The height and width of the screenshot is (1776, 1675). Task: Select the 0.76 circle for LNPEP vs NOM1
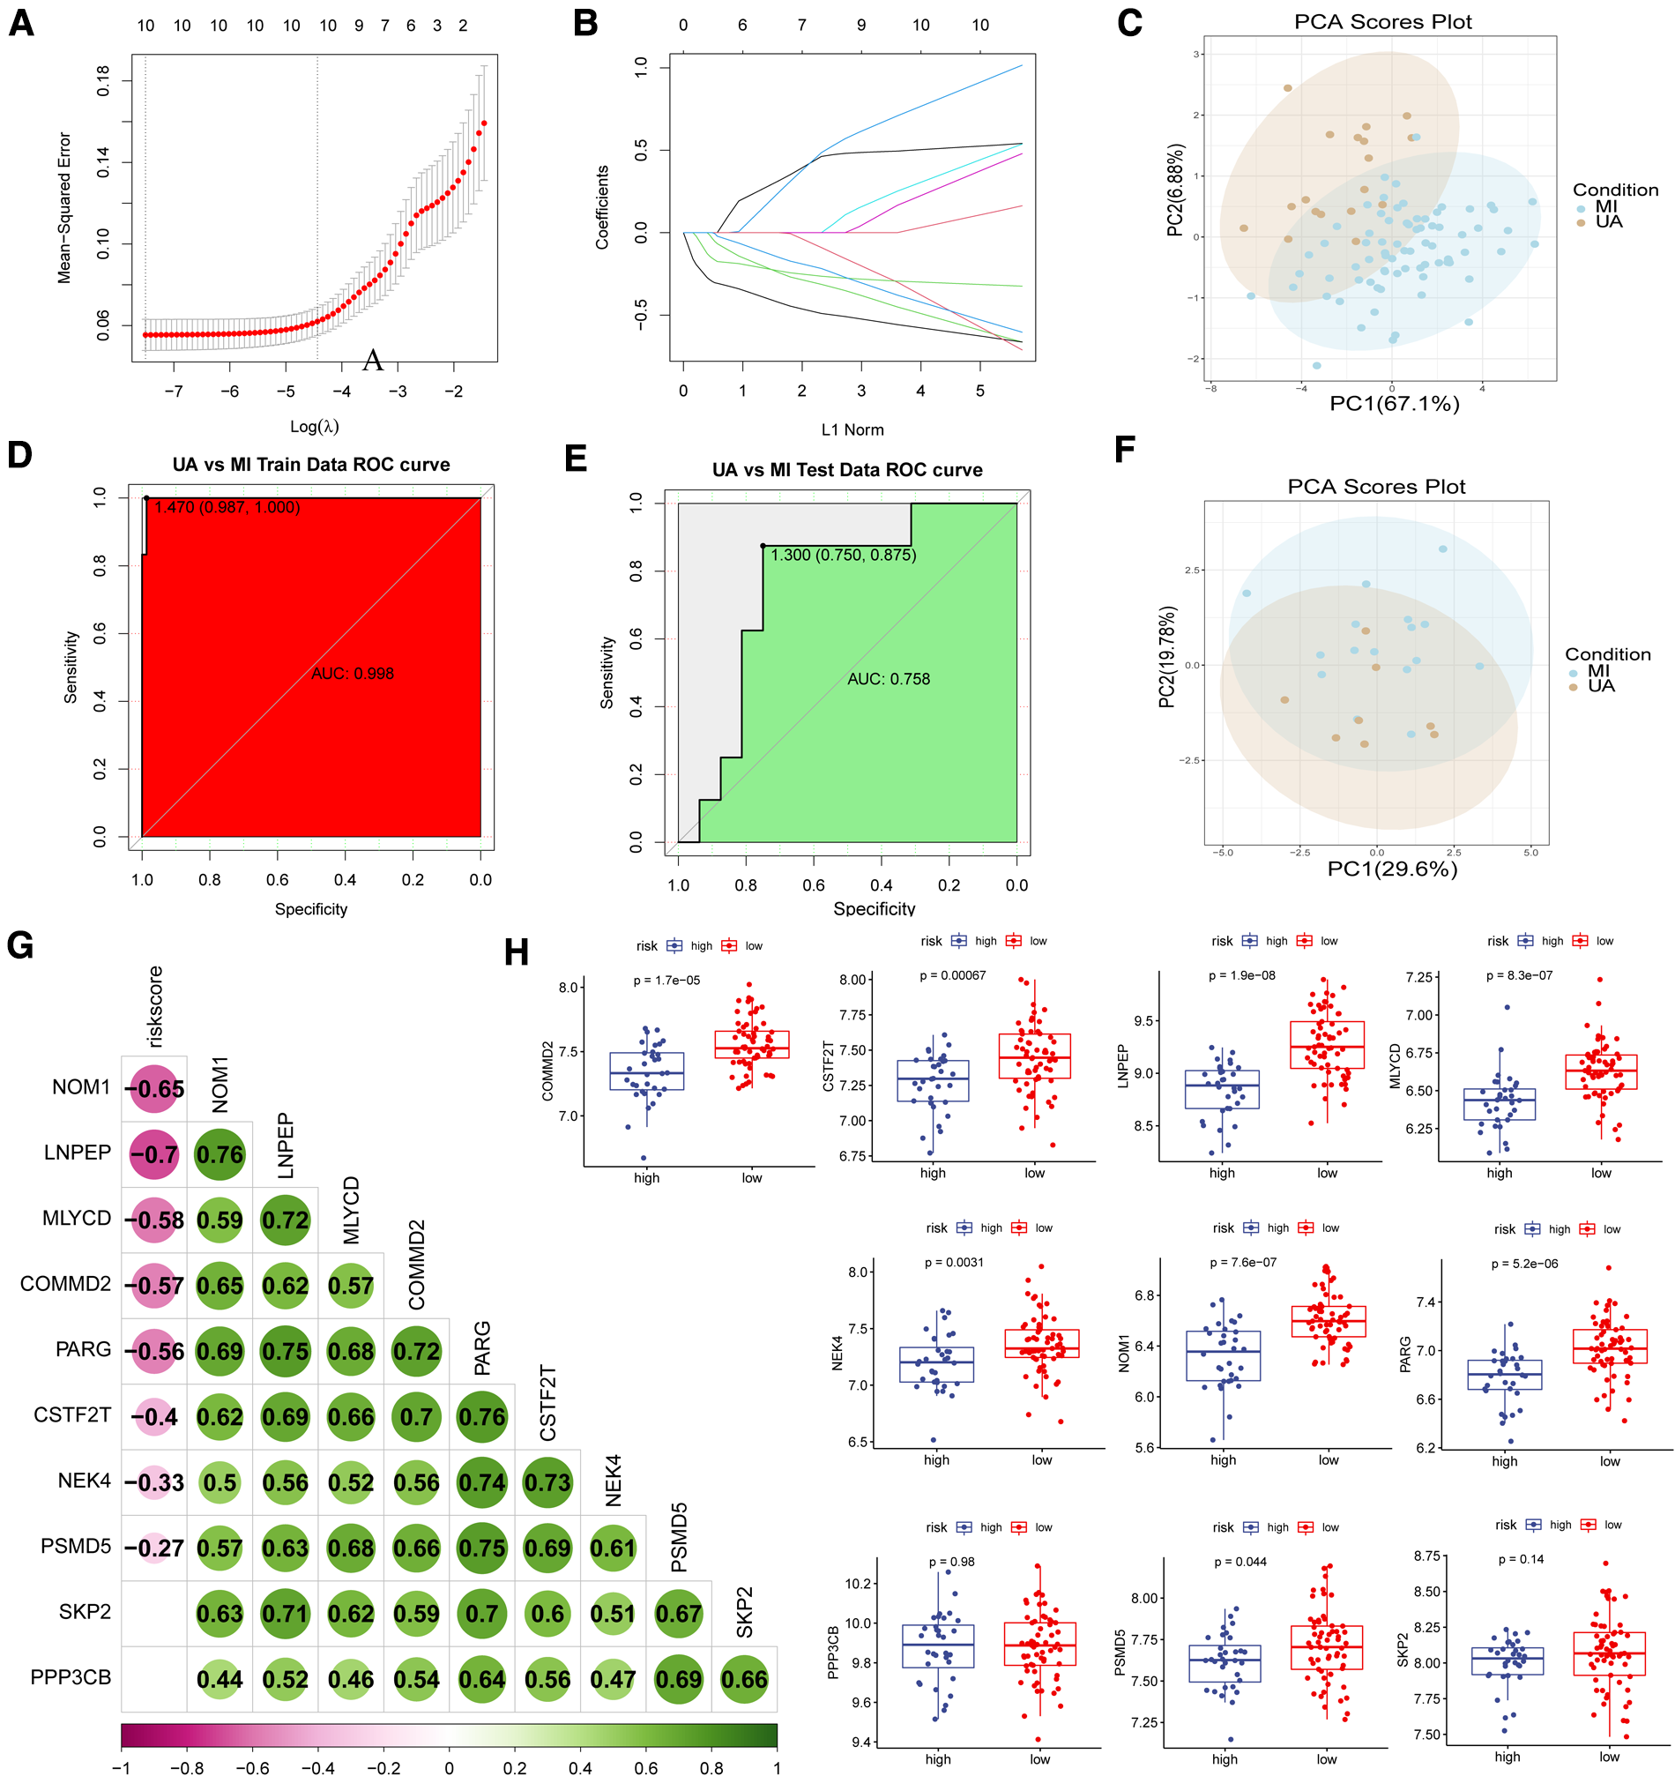coord(220,1154)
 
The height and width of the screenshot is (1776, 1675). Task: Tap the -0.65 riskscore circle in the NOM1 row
coord(154,1089)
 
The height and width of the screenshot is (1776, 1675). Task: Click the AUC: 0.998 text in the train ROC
coord(352,674)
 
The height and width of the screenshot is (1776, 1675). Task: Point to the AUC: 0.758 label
coord(888,679)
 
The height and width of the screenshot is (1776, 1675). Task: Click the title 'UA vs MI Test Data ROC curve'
coord(846,470)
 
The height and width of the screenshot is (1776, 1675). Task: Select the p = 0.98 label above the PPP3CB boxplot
coord(951,1562)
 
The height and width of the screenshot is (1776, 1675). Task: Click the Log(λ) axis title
coord(315,426)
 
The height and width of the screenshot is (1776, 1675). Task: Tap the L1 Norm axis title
coord(852,429)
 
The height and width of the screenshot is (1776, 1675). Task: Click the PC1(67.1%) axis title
coord(1394,404)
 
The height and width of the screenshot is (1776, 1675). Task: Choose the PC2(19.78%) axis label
coord(1166,657)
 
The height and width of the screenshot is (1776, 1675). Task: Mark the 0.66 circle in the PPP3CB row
coord(744,1680)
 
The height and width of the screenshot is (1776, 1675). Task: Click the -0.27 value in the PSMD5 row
coord(154,1548)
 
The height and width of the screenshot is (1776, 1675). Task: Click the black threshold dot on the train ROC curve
coord(146,497)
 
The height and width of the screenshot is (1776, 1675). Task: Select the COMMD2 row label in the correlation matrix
coord(65,1284)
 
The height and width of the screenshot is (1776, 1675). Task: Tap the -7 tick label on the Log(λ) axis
coord(174,392)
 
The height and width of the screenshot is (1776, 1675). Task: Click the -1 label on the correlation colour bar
coord(122,1767)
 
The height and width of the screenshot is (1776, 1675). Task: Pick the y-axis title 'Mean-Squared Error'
coord(64,207)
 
